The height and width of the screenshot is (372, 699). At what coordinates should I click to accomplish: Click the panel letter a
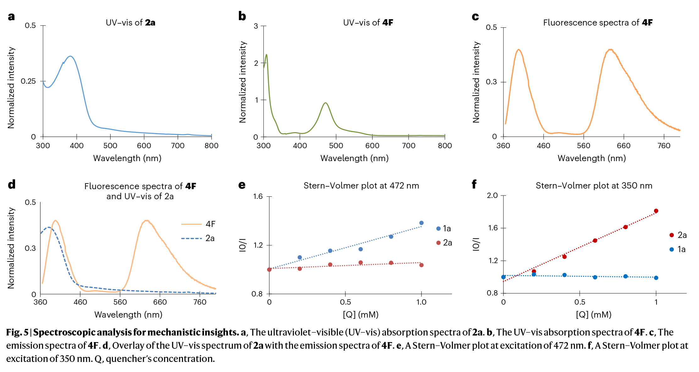click(11, 17)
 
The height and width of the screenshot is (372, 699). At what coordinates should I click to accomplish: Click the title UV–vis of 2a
click(130, 23)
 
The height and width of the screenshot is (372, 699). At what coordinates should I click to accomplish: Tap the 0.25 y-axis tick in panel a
click(28, 81)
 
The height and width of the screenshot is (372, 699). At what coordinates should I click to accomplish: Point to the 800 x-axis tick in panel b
click(445, 146)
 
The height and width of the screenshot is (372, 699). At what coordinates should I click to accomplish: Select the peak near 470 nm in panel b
click(326, 103)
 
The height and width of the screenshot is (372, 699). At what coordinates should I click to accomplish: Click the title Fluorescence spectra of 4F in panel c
click(597, 23)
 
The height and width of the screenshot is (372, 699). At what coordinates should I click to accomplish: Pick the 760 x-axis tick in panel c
click(664, 146)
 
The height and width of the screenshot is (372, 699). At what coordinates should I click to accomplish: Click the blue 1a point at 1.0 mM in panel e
click(421, 223)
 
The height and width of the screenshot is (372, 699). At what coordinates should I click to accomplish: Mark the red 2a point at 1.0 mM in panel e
click(421, 265)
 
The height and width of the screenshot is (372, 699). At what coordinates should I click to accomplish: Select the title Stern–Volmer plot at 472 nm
click(361, 186)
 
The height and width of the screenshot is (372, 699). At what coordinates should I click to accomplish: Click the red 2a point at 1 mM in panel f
click(656, 211)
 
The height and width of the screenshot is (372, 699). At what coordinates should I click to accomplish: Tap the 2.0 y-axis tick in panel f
click(492, 195)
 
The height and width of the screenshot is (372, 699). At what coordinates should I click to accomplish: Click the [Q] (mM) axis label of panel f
click(593, 314)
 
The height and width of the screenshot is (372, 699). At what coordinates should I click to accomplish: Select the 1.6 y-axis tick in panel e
click(258, 197)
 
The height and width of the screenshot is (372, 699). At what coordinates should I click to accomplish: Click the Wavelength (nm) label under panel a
click(127, 158)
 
